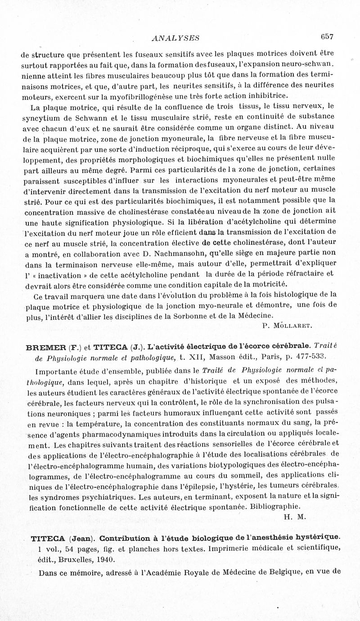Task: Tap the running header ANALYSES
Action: click(176, 38)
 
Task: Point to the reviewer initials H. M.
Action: click(295, 517)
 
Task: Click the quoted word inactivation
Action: click(60, 274)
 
